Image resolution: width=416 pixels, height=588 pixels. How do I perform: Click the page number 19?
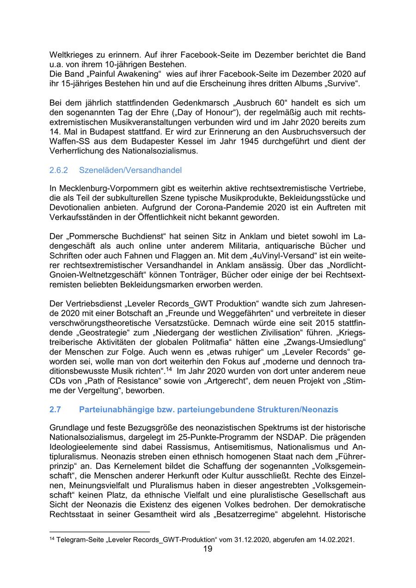coord(208,549)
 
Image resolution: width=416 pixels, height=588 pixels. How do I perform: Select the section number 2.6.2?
coord(59,170)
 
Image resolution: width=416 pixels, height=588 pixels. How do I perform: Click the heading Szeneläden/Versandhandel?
coord(130,170)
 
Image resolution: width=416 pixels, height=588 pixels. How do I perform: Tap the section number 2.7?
coord(55,410)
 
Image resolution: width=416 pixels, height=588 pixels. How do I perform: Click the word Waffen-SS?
coord(69,141)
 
